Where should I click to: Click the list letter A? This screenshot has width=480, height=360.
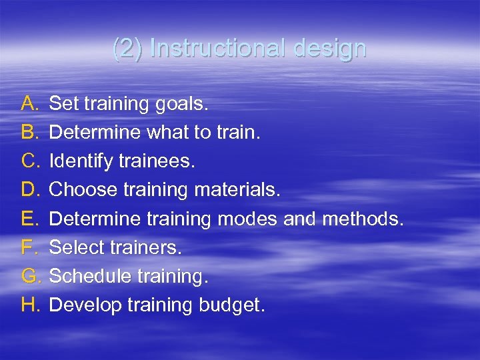[x=30, y=103]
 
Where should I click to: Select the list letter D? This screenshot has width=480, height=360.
[x=31, y=190]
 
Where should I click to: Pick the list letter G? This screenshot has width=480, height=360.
[x=31, y=276]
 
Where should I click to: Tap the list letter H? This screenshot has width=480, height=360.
[x=31, y=305]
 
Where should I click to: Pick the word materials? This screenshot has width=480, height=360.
[x=237, y=190]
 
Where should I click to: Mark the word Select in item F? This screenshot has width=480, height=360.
[x=73, y=247]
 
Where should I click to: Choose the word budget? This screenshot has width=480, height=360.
[x=231, y=305]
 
